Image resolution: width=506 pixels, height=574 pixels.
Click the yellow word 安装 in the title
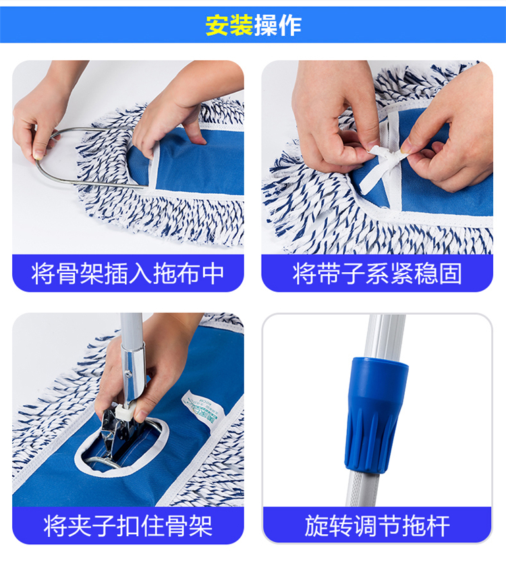[x=229, y=25]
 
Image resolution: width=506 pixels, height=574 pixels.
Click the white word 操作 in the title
[x=277, y=25]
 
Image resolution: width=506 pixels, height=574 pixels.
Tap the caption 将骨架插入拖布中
[x=128, y=273]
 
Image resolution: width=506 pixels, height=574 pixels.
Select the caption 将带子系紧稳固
[x=377, y=273]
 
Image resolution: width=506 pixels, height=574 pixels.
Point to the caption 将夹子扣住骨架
[x=128, y=525]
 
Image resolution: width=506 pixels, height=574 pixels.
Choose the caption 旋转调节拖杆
[x=377, y=525]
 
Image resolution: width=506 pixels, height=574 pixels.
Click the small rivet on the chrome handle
[x=128, y=373]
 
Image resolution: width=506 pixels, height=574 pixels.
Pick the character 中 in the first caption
[x=213, y=273]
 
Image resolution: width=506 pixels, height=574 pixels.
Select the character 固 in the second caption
[x=451, y=273]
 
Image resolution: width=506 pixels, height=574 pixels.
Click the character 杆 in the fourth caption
[x=439, y=525]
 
